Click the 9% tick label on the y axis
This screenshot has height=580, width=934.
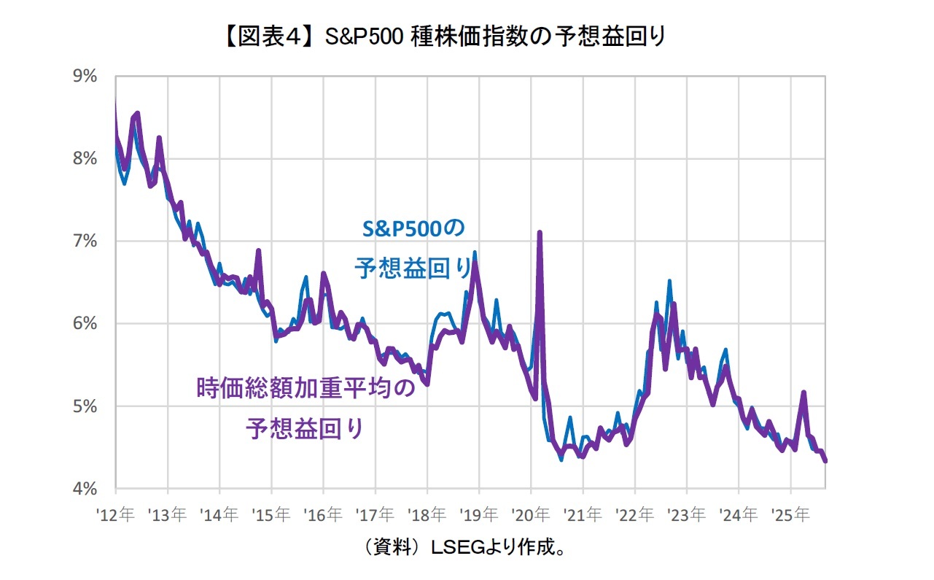[85, 76]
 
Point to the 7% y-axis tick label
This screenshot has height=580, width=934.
[85, 241]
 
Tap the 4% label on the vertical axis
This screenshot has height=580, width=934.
[85, 488]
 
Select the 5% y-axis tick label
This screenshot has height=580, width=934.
[85, 406]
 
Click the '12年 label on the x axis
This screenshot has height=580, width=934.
[115, 515]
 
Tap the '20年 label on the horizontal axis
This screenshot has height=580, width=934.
[531, 515]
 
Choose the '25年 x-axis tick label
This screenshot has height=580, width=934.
[790, 515]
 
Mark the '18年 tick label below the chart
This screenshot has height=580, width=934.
[427, 515]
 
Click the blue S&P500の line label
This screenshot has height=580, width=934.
[413, 228]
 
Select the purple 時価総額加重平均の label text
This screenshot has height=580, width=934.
[306, 387]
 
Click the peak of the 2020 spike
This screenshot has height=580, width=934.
[540, 233]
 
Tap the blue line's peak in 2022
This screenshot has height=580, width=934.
[669, 281]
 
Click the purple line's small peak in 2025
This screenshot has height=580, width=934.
[803, 393]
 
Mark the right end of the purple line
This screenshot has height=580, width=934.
[825, 461]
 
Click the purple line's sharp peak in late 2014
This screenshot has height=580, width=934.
[258, 251]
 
